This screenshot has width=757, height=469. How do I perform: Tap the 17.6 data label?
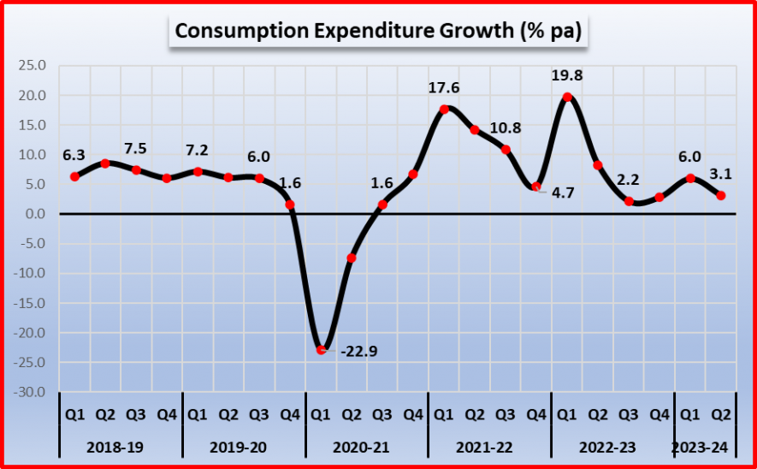point(444,88)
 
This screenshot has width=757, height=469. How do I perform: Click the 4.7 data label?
point(561,193)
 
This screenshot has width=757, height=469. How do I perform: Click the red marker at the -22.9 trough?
point(321,350)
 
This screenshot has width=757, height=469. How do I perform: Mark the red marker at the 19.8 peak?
point(567,97)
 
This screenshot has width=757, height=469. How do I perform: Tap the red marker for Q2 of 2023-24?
point(721,195)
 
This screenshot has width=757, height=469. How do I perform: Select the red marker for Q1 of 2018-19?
point(74,176)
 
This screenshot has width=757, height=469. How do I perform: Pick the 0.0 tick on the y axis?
point(34,214)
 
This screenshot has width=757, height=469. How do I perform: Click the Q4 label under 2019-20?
point(290,415)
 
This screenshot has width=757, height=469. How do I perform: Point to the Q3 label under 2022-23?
point(629,415)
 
